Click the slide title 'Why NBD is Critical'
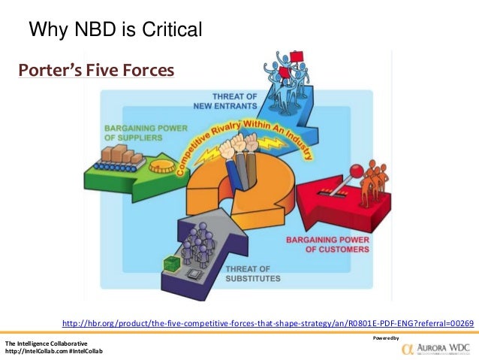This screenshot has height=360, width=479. coord(115,30)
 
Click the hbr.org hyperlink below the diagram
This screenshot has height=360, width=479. coord(267,323)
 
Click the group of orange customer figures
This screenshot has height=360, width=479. coord(374,183)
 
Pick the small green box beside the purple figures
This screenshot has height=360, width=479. coord(170,262)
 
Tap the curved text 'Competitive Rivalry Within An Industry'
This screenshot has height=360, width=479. coord(248,120)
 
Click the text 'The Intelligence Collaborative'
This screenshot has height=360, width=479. coord(47,343)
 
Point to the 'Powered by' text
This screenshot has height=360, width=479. coord(384,338)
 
